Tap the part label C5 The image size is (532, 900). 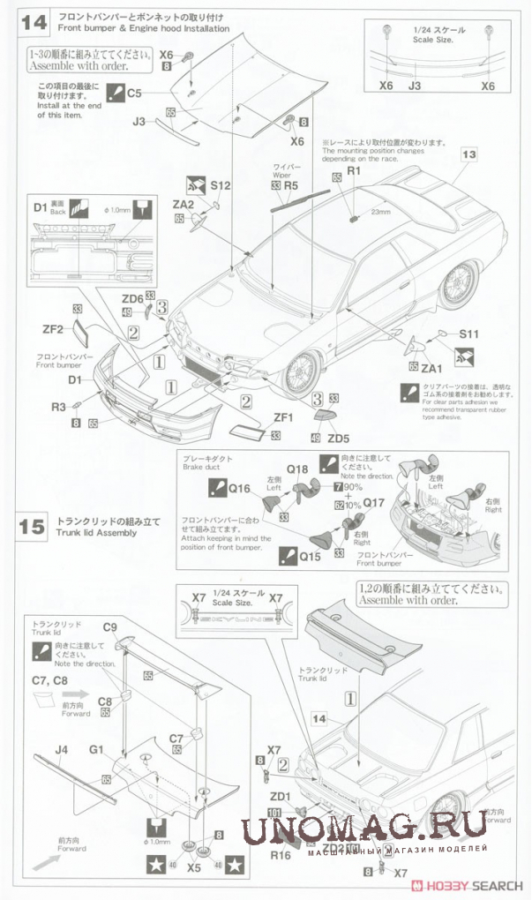pos(134,92)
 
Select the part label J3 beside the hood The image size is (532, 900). pos(139,122)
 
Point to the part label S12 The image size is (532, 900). pos(221,185)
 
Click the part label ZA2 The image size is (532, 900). pos(183,203)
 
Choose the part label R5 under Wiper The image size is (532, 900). pos(291,186)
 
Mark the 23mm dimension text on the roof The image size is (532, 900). pos(381,212)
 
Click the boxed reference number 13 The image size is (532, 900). pos(468,154)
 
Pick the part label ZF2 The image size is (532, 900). pos(54,329)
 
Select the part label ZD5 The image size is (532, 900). pos(326,438)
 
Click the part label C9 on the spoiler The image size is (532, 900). pos(110,627)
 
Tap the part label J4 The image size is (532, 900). pos(61,750)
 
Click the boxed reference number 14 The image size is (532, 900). pos(318,719)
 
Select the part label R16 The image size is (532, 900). pos(281,854)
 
